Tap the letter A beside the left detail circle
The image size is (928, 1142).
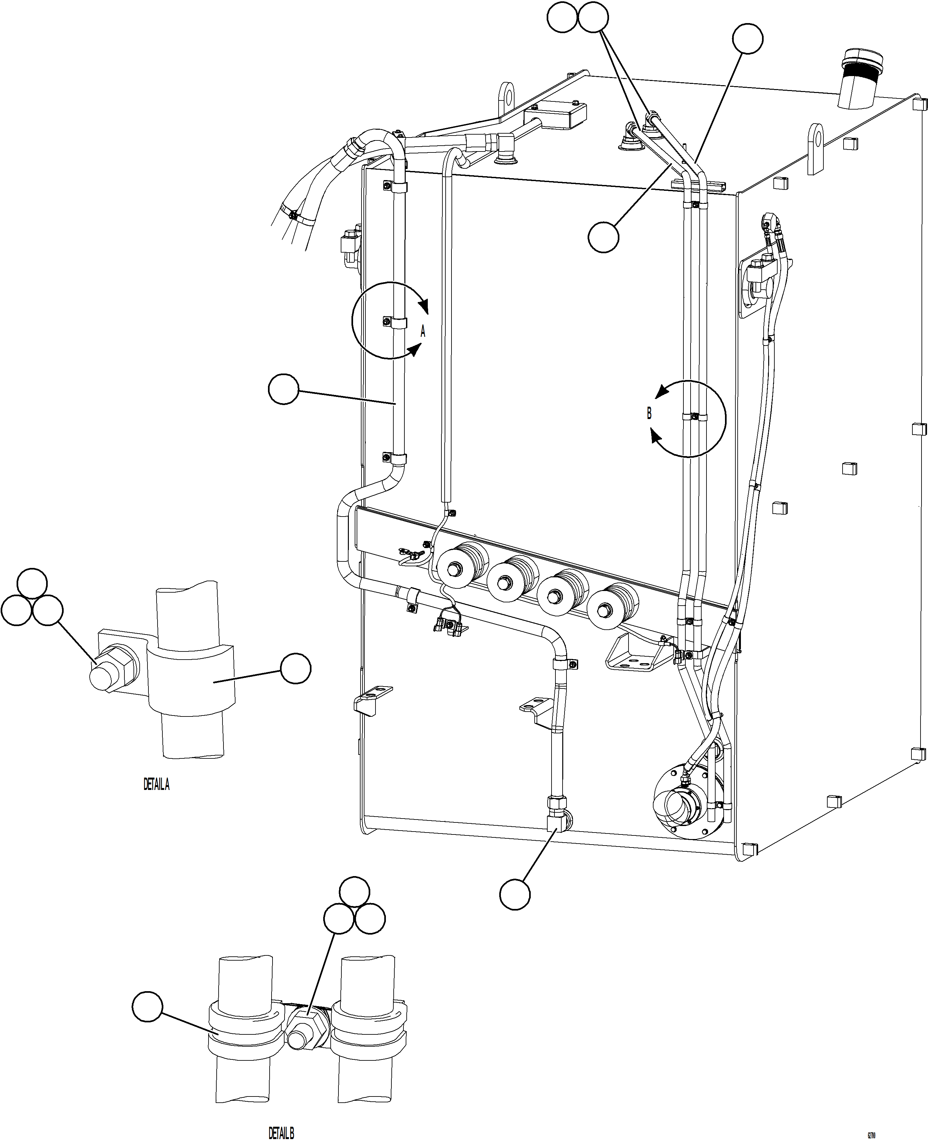tap(423, 331)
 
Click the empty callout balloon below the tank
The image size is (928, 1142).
tap(515, 894)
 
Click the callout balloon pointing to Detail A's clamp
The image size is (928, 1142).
tap(296, 668)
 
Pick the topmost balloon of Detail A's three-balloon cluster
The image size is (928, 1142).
tap(32, 583)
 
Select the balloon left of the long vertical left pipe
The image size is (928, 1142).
tap(283, 389)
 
